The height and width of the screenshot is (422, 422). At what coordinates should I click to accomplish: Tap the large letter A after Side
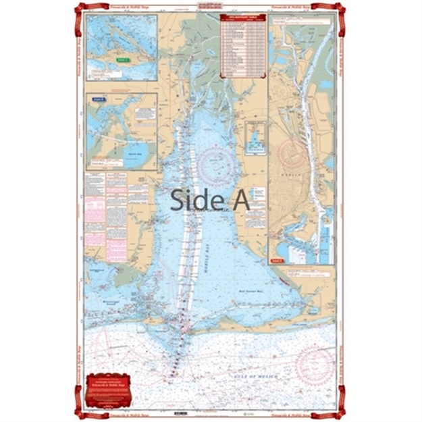241,200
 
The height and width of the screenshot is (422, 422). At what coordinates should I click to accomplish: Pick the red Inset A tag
277,259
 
